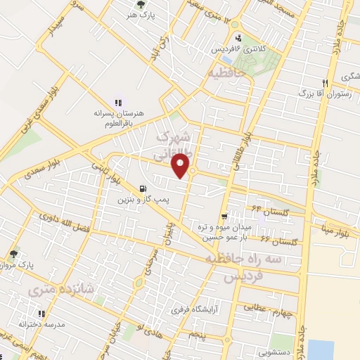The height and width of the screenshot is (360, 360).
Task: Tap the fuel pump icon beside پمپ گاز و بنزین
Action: [x=143, y=188]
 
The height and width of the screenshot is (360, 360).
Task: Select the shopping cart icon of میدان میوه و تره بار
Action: [x=224, y=217]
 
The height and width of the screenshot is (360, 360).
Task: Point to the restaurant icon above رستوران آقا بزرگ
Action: [x=324, y=82]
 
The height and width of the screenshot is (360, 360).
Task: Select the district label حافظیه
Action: [x=225, y=72]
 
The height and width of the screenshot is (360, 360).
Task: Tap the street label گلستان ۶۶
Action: [x=279, y=241]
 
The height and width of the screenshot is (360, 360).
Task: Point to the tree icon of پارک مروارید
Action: [x=13, y=254]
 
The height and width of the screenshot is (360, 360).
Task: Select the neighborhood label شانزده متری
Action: [x=49, y=289]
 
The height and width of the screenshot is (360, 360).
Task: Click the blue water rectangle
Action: [x=321, y=349]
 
